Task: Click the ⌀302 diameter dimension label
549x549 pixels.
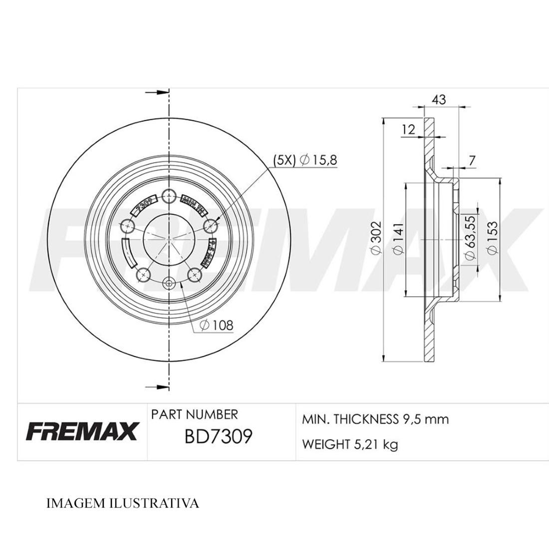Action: tap(376, 239)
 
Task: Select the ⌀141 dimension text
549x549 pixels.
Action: tap(398, 239)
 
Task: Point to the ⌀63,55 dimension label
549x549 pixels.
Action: tap(469, 239)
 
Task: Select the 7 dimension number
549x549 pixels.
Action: tap(472, 161)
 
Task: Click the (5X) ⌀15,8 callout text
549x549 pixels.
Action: tap(305, 160)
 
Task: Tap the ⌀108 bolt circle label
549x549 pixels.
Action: tap(216, 325)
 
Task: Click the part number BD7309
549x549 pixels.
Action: tap(219, 437)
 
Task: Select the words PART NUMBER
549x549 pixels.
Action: tap(194, 414)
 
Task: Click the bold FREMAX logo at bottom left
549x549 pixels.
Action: tap(81, 432)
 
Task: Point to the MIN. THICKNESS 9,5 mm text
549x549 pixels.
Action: tap(375, 419)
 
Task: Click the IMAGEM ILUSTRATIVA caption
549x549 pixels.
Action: tap(122, 503)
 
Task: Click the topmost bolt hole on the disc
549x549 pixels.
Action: tap(169, 196)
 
